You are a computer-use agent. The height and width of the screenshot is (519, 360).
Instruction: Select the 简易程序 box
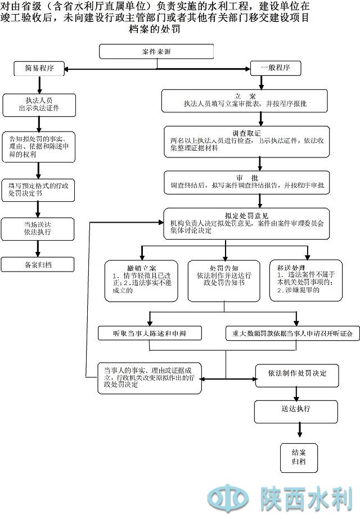pyautogui.click(x=39, y=69)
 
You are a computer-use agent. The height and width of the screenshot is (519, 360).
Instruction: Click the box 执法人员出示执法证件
pyautogui.click(x=39, y=104)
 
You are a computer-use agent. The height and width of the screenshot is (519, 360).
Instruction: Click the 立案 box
pyautogui.click(x=246, y=100)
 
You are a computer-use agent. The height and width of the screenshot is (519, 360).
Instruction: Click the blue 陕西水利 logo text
pyautogui.click(x=307, y=498)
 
